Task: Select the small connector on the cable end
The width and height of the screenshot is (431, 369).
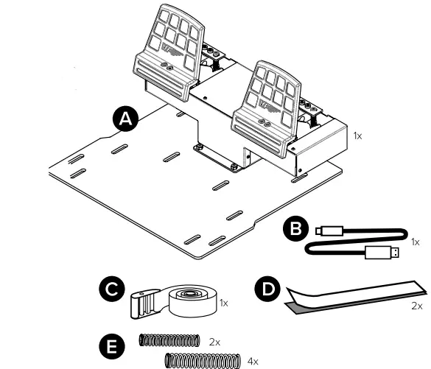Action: [x=324, y=231]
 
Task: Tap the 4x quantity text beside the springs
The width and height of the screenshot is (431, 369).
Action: [x=254, y=361]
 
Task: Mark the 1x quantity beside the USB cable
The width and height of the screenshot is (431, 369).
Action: [x=414, y=241]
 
